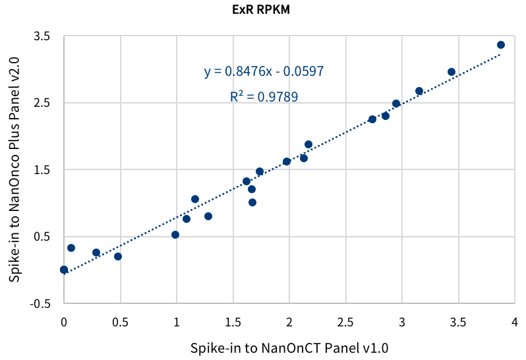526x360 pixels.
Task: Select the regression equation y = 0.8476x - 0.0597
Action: [x=264, y=71]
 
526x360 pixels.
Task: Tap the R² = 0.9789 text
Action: [x=264, y=97]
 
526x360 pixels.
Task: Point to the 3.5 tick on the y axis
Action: [x=42, y=36]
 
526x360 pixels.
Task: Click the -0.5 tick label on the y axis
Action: [x=40, y=304]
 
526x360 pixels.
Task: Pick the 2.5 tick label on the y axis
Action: [x=42, y=103]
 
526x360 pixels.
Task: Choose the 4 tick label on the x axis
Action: [x=513, y=322]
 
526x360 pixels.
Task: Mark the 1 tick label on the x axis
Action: [x=177, y=322]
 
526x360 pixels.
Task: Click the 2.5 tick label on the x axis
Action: [x=345, y=322]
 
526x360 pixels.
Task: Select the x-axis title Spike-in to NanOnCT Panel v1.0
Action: [x=289, y=347]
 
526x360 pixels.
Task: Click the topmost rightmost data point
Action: [x=501, y=45]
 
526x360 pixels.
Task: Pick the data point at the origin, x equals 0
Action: [x=64, y=270]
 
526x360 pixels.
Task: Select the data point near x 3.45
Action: [x=452, y=72]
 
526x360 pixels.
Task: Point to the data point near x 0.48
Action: [x=118, y=256]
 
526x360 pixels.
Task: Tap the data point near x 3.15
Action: [x=419, y=91]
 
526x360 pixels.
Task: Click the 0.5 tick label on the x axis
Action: [x=120, y=322]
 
